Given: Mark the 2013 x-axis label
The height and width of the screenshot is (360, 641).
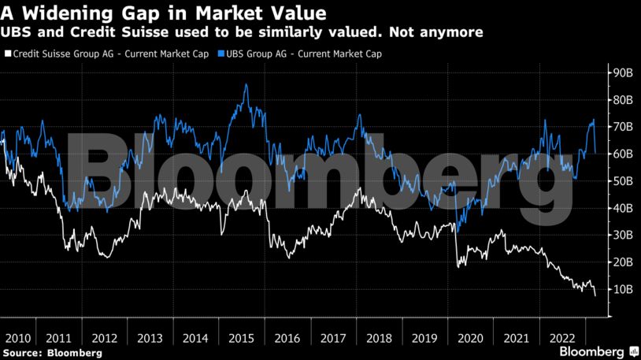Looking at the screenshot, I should [x=150, y=338].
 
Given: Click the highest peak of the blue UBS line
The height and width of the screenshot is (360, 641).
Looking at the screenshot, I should [x=246, y=84].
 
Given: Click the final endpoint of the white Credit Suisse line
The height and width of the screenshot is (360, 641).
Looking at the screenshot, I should [x=595, y=295].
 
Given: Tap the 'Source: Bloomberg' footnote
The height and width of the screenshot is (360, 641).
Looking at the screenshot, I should [x=52, y=353].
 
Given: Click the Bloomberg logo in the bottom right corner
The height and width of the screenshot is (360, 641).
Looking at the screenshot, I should [x=592, y=351].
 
